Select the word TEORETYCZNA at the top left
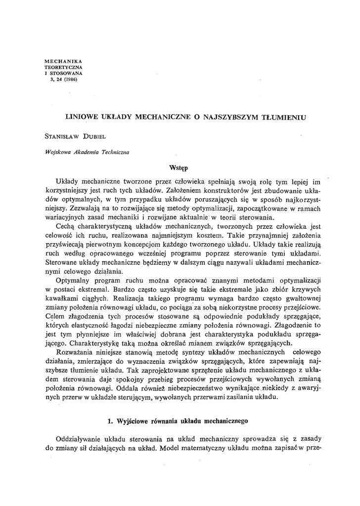63,67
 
